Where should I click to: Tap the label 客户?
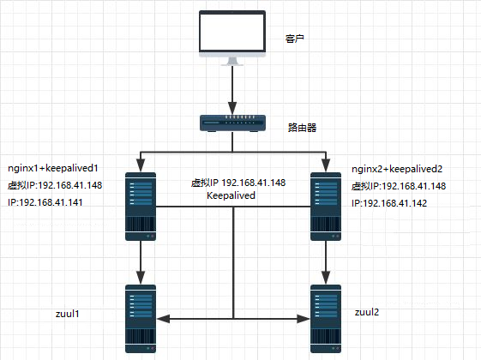point(296,40)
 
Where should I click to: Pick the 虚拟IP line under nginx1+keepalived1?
point(55,186)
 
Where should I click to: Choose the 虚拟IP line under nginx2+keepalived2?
point(399,187)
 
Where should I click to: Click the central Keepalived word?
point(232,196)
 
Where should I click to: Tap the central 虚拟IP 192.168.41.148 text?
point(238,183)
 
